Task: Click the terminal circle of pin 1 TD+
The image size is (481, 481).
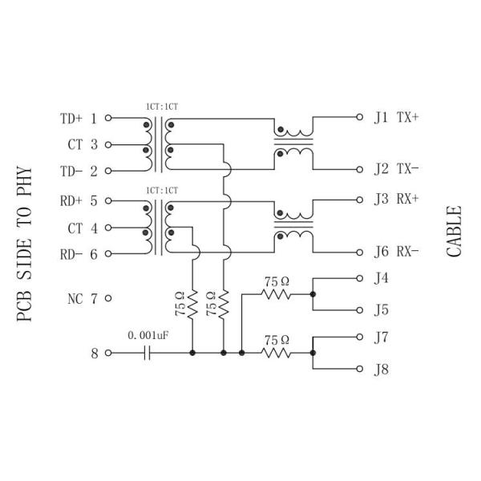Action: coord(108,118)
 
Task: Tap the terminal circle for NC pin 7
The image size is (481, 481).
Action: coord(108,298)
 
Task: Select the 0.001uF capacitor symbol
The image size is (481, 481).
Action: coord(148,353)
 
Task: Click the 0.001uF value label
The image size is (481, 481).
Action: coord(148,335)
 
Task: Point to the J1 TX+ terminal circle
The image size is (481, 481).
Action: coord(359,117)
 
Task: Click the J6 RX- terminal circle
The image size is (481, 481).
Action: coord(359,253)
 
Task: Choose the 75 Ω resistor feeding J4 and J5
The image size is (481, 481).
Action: coord(276,294)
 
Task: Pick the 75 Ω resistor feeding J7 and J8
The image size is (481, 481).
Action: coord(276,353)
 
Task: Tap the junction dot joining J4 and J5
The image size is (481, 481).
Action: coord(313,294)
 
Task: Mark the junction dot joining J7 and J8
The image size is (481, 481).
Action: coord(313,353)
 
